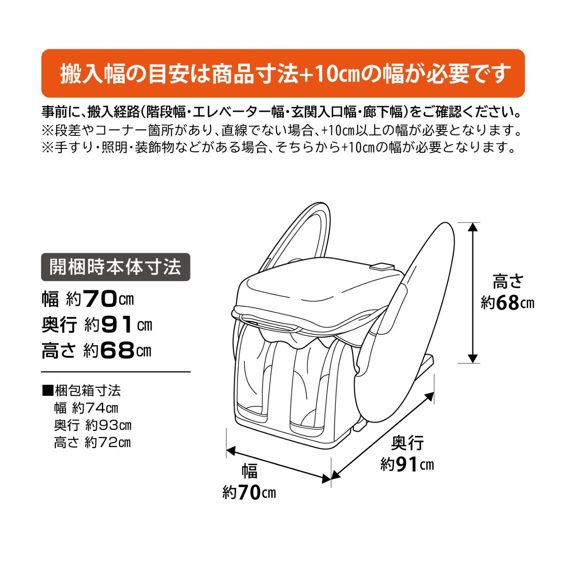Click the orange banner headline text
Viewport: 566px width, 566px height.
click(283, 73)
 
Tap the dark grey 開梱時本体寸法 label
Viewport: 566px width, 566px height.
click(116, 267)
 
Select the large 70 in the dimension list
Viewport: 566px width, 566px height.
click(100, 299)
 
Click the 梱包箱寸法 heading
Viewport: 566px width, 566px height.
click(82, 391)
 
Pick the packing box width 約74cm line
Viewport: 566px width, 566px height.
click(86, 408)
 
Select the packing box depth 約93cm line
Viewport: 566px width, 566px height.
click(93, 425)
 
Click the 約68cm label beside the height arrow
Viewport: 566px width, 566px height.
click(507, 304)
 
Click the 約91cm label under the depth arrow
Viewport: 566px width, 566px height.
click(407, 465)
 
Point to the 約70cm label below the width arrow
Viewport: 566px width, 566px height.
click(249, 492)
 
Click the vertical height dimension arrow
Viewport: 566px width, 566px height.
click(473, 293)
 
